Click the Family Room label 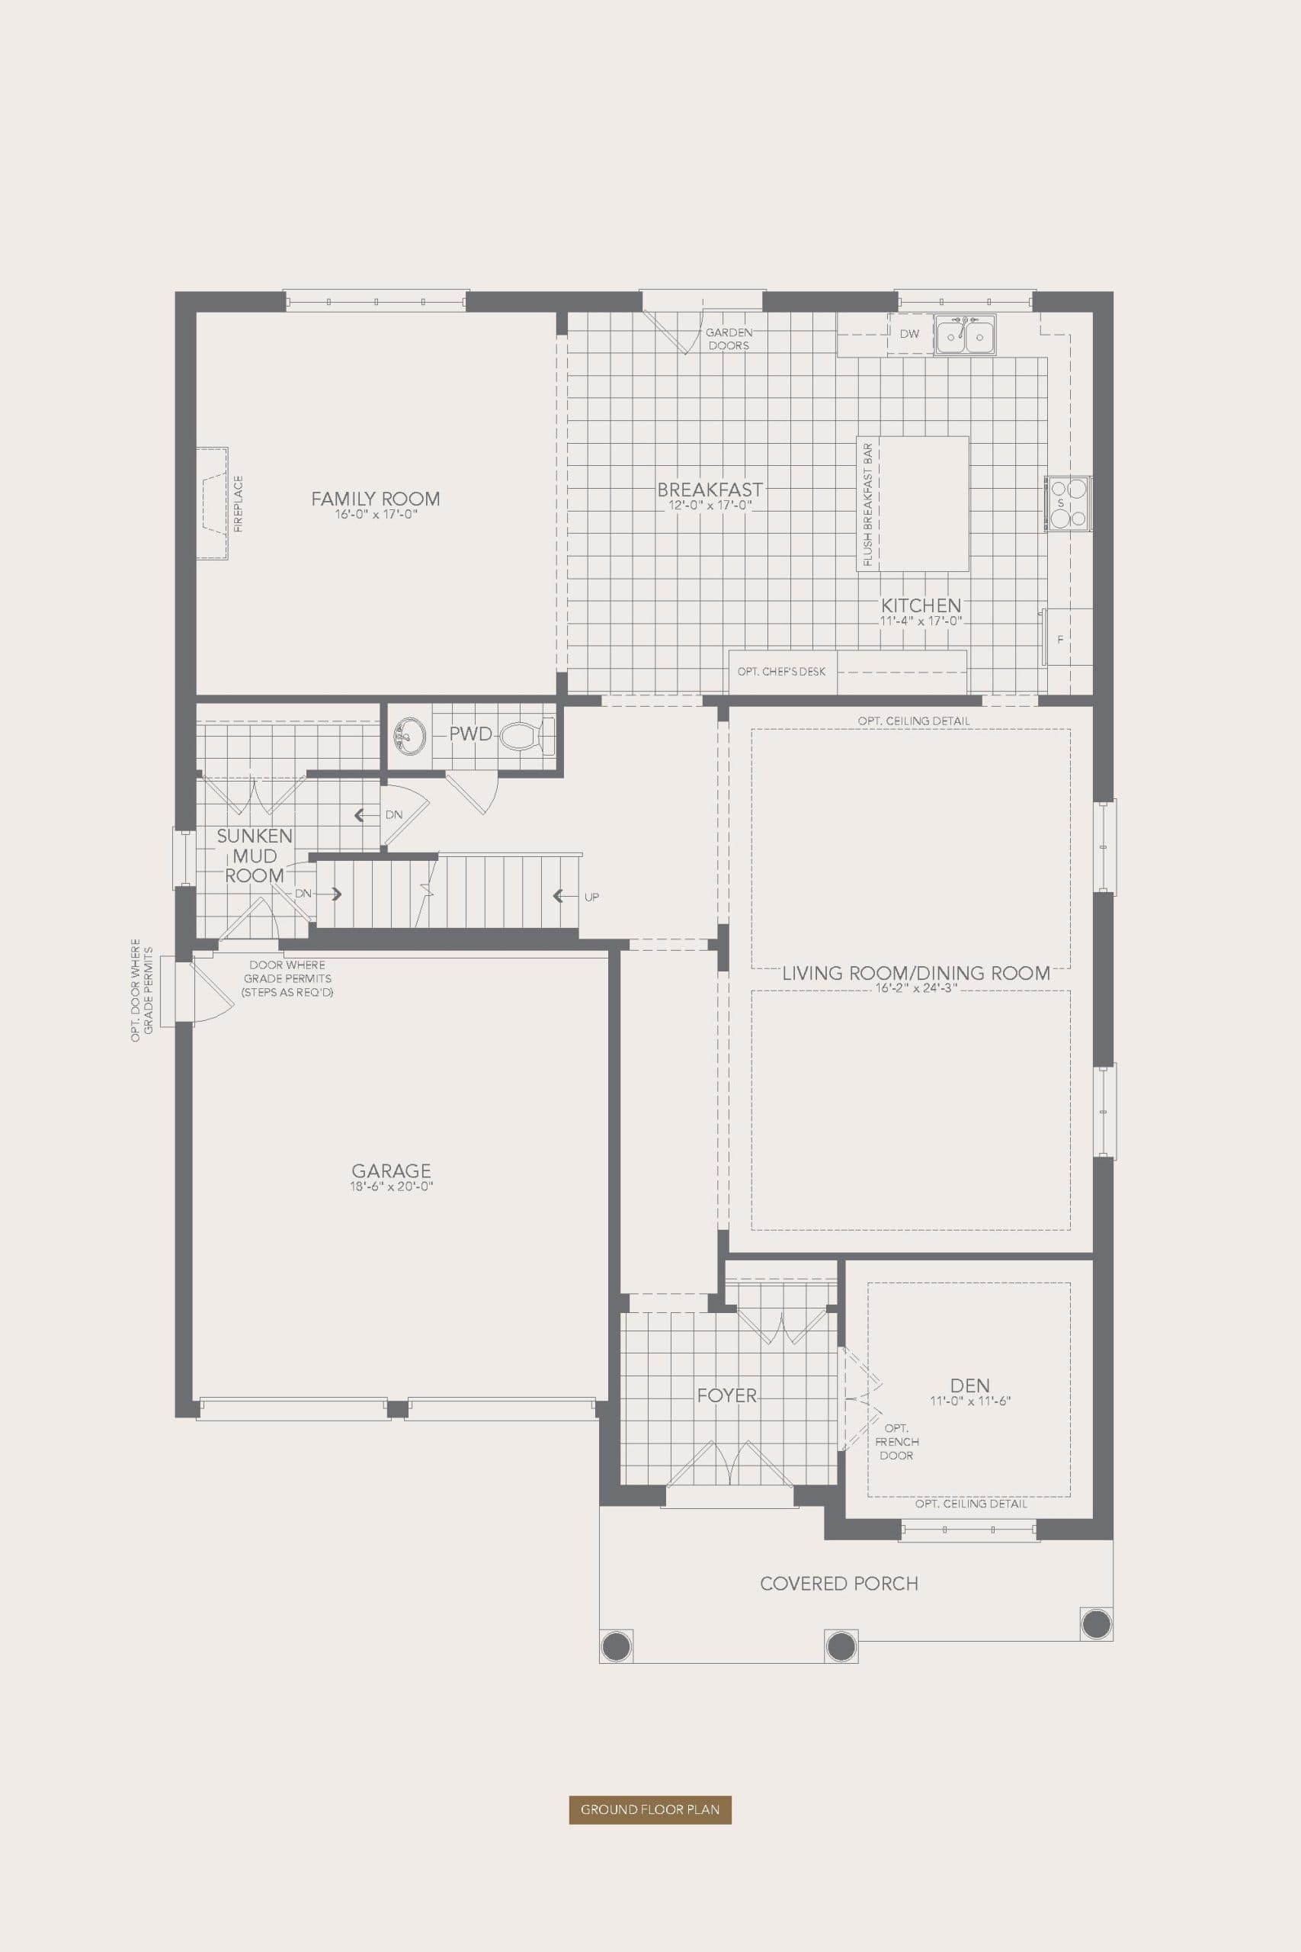[375, 499]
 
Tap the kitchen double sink [965, 335]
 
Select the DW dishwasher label [909, 334]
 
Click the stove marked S [1068, 503]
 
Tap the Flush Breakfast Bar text [868, 504]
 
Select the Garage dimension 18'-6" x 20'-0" [392, 1186]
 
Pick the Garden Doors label [729, 339]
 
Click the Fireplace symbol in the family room [213, 504]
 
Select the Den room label [969, 1385]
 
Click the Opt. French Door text [896, 1442]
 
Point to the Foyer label [727, 1395]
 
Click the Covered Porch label [839, 1584]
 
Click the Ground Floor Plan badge [649, 1809]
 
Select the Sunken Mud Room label [254, 856]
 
